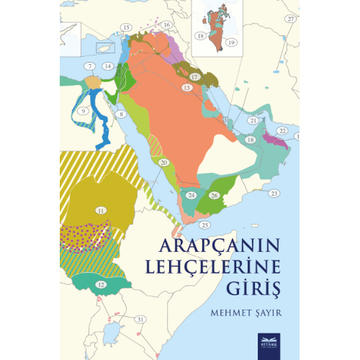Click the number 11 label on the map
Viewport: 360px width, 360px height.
pos(101,210)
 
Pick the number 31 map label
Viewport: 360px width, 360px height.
pos(140,318)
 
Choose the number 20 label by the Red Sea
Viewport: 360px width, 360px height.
pos(164,163)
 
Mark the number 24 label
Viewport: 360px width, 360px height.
pos(191,195)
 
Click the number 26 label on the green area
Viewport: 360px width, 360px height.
pos(214,195)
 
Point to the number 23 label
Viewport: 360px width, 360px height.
pos(274,194)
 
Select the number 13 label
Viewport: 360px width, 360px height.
pos(186,87)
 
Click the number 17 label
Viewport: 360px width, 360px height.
pos(194,76)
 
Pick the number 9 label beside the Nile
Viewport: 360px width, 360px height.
pos(83,111)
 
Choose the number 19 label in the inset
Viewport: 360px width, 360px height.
pos(232,43)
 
